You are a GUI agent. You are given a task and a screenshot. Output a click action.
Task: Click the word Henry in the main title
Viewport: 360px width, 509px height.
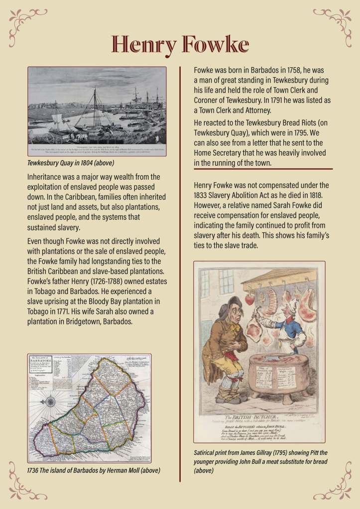coord(143,45)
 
